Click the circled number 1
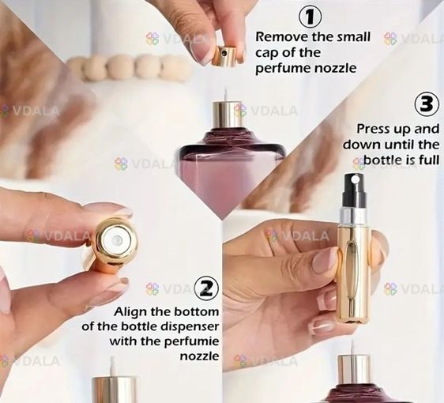pos(310,17)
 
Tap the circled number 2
pos(206,288)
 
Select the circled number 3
pos(427,104)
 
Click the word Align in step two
pos(131,311)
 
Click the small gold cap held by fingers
pos(225,56)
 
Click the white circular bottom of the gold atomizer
pos(116,241)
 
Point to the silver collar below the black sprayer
pos(354,215)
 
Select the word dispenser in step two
pos(190,326)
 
